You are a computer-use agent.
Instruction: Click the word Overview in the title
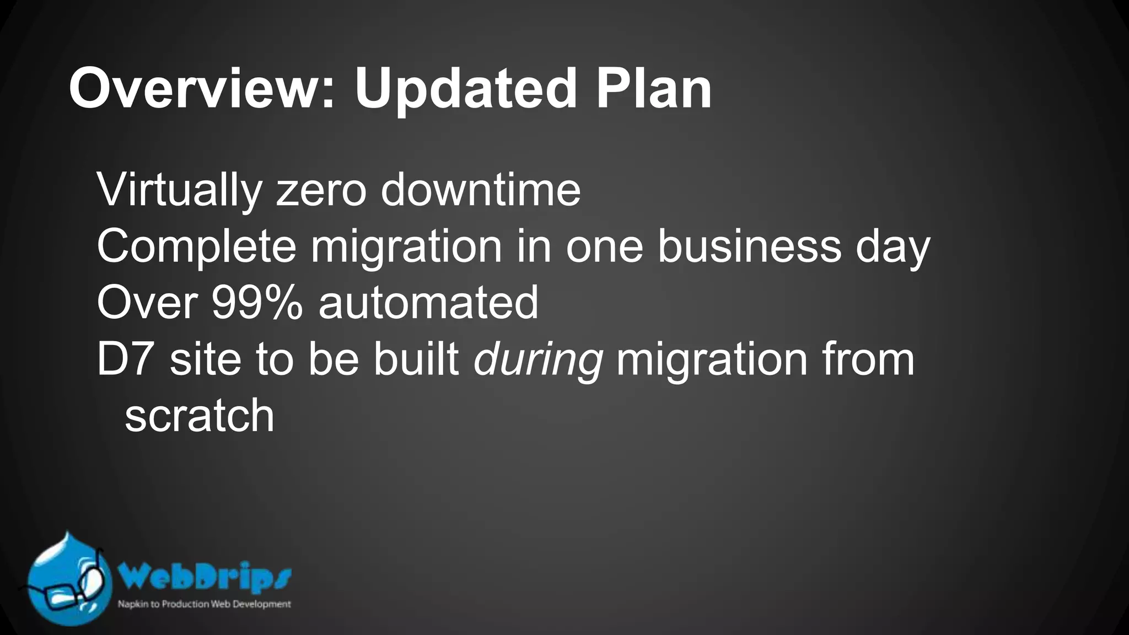click(196, 88)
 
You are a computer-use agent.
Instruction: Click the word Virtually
click(179, 191)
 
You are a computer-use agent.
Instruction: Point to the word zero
click(321, 191)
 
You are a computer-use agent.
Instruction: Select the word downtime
click(481, 191)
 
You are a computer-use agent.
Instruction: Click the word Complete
click(196, 247)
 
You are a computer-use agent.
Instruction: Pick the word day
click(893, 247)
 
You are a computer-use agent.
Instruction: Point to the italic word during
click(538, 360)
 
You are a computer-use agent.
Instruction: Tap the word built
click(416, 359)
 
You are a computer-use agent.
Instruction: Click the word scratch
click(200, 416)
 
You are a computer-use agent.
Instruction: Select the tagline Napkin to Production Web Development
click(204, 604)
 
